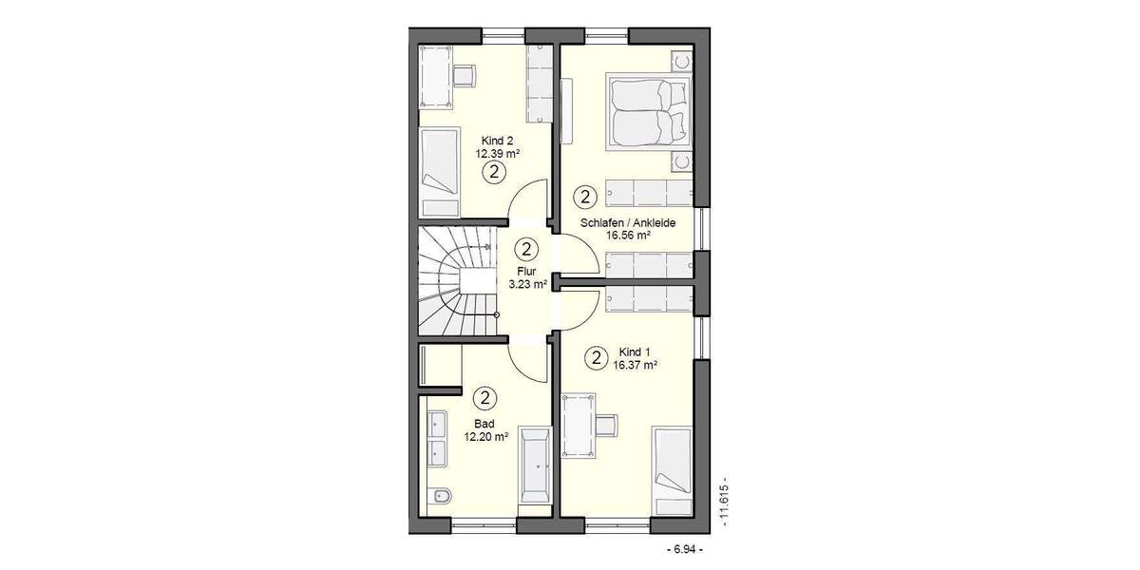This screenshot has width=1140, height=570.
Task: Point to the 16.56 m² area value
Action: pos(628,236)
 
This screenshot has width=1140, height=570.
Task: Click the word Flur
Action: pos(527,271)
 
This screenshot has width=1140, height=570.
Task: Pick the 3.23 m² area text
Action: pos(527,284)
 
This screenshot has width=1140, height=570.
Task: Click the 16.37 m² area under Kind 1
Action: pos(636,364)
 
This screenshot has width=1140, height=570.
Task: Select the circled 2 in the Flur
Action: pos(527,249)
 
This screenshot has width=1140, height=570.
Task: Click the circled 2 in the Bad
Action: pos(484,398)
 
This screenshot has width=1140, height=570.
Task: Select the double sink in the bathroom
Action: pos(437,441)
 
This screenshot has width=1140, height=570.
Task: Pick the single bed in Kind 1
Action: pos(672,461)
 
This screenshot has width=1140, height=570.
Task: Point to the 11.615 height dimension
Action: pos(725,502)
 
